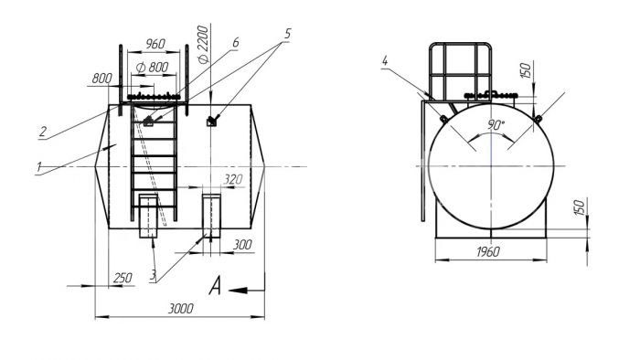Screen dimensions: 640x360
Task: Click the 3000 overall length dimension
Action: pyautogui.click(x=180, y=309)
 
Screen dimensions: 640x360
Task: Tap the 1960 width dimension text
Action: pyautogui.click(x=488, y=252)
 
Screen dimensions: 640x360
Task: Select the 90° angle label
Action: pyautogui.click(x=496, y=125)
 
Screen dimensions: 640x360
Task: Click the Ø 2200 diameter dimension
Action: pyautogui.click(x=203, y=45)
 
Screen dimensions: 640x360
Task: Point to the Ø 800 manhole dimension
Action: pyautogui.click(x=152, y=67)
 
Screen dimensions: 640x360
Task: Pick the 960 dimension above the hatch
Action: pyautogui.click(x=155, y=44)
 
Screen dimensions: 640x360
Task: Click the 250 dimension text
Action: pyautogui.click(x=123, y=278)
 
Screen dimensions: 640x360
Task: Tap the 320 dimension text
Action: pyautogui.click(x=233, y=179)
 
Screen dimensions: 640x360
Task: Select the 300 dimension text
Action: pyautogui.click(x=242, y=245)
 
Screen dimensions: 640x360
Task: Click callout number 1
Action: pyautogui.click(x=39, y=166)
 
